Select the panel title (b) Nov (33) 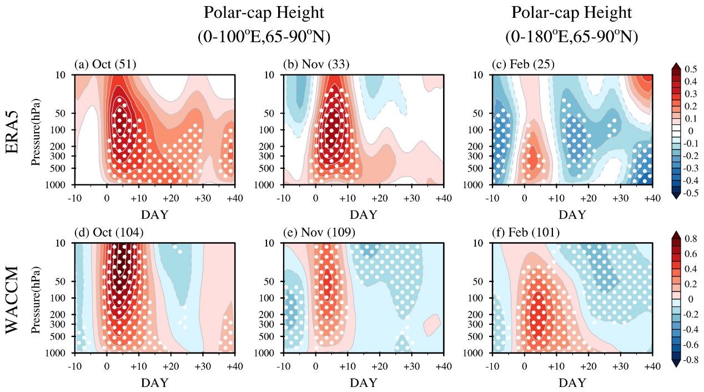point(314,65)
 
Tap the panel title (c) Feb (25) point(523,65)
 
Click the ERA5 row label point(16,129)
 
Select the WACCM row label point(16,298)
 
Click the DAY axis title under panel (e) point(363,383)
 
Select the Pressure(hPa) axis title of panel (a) point(37,129)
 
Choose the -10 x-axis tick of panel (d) point(75,367)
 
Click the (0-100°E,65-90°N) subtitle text point(264,37)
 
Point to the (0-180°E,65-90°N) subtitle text point(571,37)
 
